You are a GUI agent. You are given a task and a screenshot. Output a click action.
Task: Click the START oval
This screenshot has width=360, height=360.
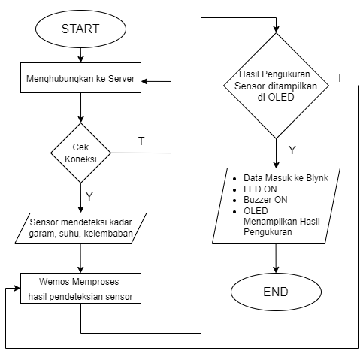80,29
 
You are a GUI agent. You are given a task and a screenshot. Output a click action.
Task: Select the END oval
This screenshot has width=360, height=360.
276,292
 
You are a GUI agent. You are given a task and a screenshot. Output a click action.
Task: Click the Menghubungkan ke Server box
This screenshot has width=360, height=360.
80,78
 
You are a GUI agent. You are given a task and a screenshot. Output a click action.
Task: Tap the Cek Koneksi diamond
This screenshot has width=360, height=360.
80,153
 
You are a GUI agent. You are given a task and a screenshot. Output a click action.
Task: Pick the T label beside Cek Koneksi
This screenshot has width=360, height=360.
141,141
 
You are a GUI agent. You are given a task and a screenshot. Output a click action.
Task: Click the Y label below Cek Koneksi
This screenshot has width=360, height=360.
89,197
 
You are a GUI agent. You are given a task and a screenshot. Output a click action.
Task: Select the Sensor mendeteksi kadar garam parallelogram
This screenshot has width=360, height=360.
80,228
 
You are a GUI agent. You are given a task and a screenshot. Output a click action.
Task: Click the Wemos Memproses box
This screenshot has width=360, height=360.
80,288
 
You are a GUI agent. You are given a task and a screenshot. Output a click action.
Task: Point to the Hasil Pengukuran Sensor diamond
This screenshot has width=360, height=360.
276,86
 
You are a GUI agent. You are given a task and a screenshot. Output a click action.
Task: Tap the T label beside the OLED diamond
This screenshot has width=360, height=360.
340,78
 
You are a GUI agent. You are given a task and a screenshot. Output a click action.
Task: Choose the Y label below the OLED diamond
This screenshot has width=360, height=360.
292,150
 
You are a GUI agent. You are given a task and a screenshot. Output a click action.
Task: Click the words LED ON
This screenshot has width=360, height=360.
260,189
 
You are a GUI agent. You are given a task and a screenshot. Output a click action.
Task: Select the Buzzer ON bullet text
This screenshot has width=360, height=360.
265,200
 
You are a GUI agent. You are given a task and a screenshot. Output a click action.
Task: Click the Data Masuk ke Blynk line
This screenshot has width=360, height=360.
286,178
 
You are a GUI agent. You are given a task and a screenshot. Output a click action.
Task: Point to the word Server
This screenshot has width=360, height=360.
121,79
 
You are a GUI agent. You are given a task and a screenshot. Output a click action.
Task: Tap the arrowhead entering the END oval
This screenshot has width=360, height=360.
276,270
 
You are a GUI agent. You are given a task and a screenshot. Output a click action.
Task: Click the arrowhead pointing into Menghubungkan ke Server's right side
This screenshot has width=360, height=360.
144,81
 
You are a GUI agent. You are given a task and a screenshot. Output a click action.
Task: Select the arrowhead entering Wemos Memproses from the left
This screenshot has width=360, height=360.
17,288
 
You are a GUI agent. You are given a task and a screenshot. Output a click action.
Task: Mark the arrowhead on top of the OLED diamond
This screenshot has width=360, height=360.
276,29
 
